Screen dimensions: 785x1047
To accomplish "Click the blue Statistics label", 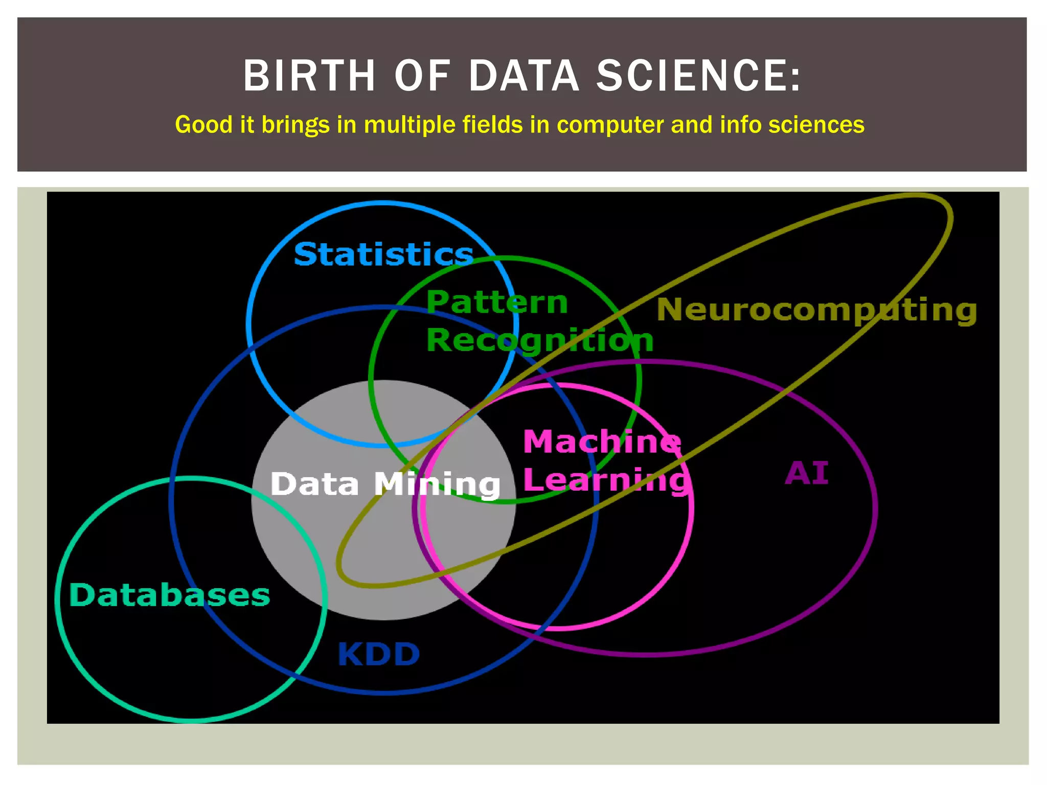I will (383, 254).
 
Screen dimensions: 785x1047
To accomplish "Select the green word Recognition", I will (540, 340).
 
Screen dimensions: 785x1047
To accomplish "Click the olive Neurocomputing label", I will (816, 310).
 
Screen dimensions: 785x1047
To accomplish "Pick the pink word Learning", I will (606, 480).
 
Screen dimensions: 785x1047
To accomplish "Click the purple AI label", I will (806, 473).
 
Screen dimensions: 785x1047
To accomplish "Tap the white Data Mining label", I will (385, 484).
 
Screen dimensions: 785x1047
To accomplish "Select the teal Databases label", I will (169, 595).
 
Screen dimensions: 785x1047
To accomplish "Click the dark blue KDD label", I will (378, 654).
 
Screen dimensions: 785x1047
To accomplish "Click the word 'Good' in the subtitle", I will (204, 125).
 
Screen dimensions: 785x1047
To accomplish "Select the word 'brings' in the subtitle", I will (295, 125).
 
